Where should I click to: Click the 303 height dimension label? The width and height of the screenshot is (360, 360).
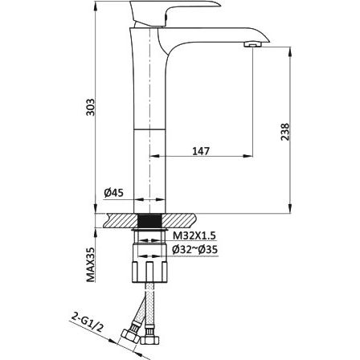92,107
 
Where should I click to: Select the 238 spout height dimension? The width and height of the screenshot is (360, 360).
285,132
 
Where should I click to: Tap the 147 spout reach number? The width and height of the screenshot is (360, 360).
201,151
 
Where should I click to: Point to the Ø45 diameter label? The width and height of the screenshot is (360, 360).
114,193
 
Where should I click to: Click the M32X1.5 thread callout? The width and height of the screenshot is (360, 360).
194,235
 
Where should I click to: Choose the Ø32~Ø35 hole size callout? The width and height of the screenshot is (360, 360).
194,250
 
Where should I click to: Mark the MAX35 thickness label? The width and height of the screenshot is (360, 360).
91,264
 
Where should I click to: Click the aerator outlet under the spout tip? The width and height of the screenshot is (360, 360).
253,44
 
